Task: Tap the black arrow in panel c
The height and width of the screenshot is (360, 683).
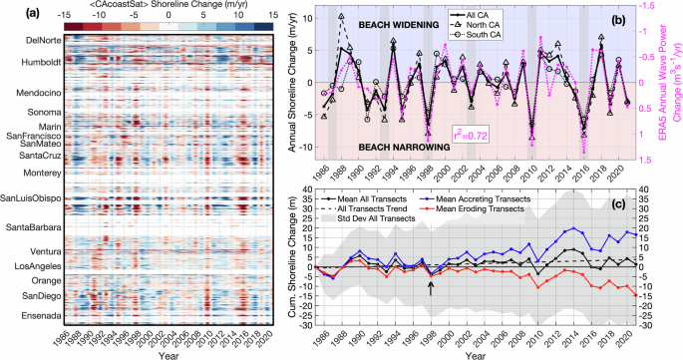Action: (x=431, y=287)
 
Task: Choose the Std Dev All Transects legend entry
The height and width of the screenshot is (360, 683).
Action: (x=395, y=218)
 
